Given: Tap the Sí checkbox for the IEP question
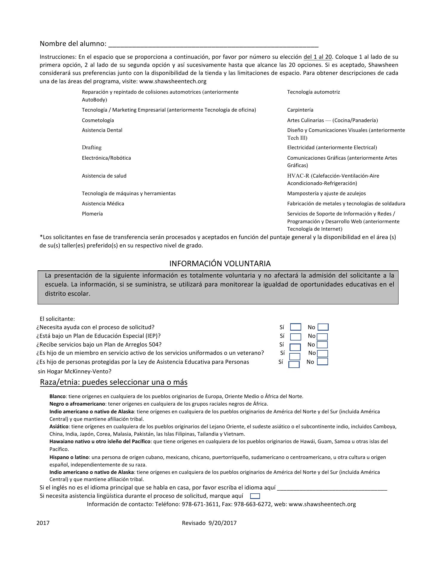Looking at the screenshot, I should (296, 337).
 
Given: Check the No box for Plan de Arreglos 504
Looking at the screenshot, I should (322, 345).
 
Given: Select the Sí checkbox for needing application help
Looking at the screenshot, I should (296, 327).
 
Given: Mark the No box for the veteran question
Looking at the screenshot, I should (322, 354).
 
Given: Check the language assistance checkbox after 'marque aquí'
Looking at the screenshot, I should (255, 496).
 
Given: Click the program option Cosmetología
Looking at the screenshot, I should (98, 120).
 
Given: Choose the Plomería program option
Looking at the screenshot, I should (92, 214).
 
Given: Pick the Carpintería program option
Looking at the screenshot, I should (300, 110).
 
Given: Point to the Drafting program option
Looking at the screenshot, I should (92, 147).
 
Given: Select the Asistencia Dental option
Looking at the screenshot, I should (102, 130).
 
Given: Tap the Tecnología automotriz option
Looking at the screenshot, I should (313, 92).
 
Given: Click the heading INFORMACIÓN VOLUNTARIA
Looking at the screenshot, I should (220, 264).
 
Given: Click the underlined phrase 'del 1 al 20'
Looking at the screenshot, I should (318, 57).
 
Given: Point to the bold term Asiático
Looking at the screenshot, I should (59, 426).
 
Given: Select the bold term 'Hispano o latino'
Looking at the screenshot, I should (69, 457).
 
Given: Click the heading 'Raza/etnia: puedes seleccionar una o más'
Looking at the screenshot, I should (114, 382).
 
